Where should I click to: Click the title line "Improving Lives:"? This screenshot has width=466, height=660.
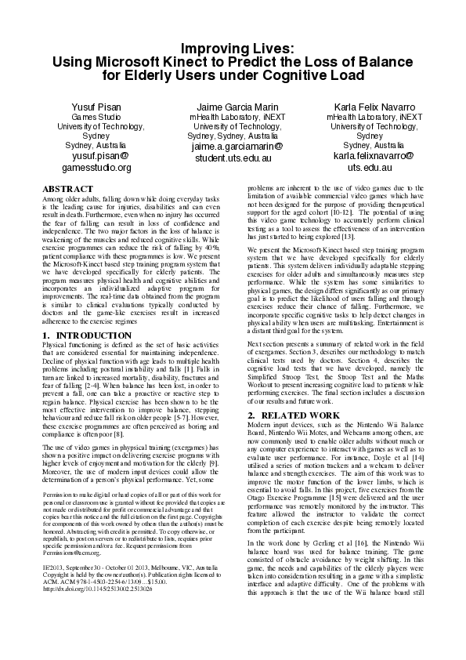[233, 48]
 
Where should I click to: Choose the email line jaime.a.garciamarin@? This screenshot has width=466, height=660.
[232, 147]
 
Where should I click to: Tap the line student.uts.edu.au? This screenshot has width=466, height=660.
[232, 158]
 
